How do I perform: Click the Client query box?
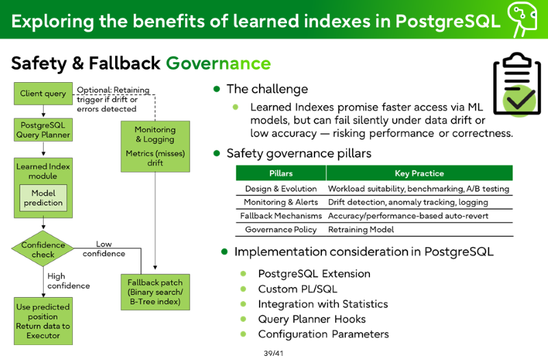tap(43, 94)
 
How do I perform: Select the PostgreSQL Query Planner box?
tap(43, 130)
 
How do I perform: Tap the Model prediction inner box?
tap(43, 198)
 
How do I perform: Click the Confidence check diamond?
tap(43, 248)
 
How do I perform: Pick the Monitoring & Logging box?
tap(155, 146)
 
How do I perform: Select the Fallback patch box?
tap(155, 292)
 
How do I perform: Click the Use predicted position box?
tap(43, 321)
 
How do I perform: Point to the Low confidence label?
tap(104, 249)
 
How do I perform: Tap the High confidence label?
tap(68, 281)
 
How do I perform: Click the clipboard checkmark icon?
tap(517, 84)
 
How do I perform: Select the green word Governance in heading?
tap(219, 63)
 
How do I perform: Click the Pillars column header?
tap(281, 173)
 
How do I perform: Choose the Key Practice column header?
tap(419, 173)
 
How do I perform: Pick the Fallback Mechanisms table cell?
tap(281, 216)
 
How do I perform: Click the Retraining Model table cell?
tap(361, 229)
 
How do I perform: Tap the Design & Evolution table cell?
tap(281, 188)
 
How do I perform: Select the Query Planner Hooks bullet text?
tap(312, 319)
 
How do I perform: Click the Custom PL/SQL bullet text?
tap(298, 289)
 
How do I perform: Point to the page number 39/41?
tap(273, 353)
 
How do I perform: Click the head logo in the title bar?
tap(522, 19)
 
